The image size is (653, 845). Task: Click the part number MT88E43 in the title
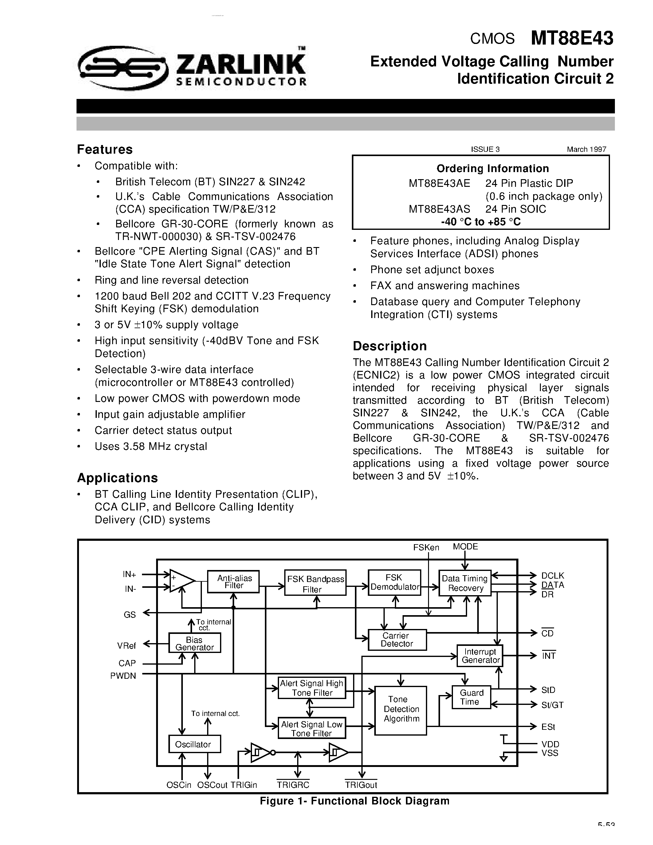[572, 38]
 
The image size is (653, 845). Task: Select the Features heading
[105, 149]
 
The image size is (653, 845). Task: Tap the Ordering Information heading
[493, 168]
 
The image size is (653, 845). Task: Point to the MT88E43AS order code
[439, 209]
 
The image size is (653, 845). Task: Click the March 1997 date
[586, 149]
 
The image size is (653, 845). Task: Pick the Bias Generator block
[195, 643]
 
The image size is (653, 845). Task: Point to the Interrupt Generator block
[480, 656]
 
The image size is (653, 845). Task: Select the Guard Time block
[471, 697]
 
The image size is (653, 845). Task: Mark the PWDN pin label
[123, 676]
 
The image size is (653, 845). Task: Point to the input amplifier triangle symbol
[181, 581]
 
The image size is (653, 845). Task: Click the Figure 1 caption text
[354, 801]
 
